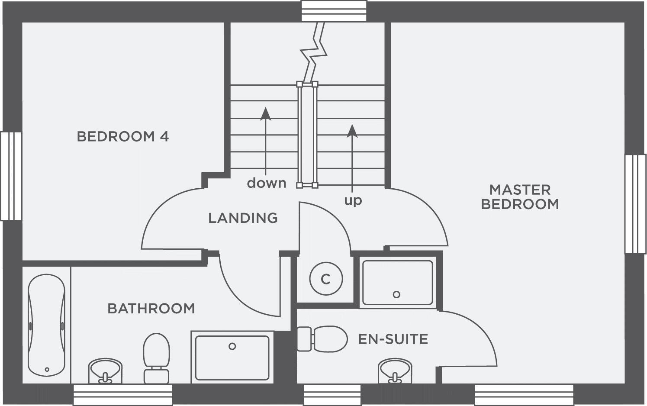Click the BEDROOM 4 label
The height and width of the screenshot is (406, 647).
coord(122,137)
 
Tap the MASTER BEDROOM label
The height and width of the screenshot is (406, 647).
coord(520,197)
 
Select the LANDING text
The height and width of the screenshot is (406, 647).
coord(243,218)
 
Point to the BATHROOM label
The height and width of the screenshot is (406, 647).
coord(151,309)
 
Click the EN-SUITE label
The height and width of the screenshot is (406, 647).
coord(393,339)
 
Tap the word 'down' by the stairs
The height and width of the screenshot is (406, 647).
coord(267,183)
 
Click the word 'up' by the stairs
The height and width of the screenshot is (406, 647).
coord(353,200)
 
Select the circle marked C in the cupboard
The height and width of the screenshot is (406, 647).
coord(326,279)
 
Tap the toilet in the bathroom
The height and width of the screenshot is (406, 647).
coord(156,357)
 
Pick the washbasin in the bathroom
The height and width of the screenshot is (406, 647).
coord(105,371)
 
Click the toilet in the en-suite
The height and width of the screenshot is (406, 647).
coord(322,339)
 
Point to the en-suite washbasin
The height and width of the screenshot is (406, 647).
coord(394,371)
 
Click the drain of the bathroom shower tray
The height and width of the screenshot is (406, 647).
coord(232,346)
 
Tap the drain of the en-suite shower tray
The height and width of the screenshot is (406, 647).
coord(396,294)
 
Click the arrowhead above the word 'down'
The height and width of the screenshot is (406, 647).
coord(265,113)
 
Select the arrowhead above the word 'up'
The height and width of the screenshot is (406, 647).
coord(352,131)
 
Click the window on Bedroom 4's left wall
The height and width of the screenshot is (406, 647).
coord(11,176)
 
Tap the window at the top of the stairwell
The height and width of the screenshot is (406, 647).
coord(334,11)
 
